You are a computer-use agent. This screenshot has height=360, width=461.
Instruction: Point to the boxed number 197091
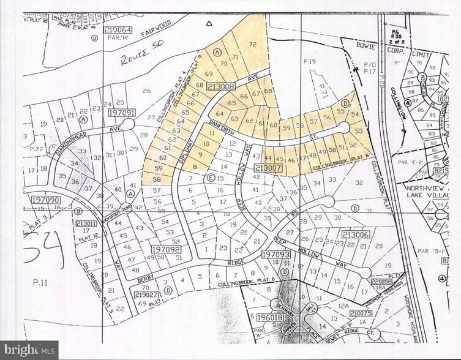coord(121,113)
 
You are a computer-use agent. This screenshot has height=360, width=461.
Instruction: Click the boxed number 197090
coord(39,200)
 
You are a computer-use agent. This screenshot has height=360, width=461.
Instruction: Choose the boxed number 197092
coord(166,250)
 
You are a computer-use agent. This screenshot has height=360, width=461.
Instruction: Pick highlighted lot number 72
coord(252,45)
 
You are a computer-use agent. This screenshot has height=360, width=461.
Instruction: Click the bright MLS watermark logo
coord(29,350)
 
